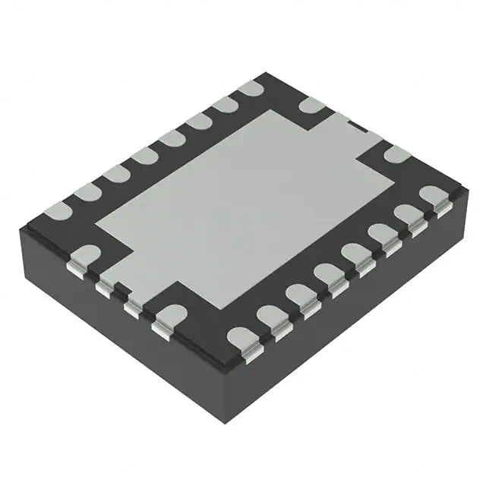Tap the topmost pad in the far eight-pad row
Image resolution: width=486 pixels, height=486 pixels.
click(x=249, y=90)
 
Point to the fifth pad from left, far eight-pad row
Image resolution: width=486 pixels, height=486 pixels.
click(x=172, y=138)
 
